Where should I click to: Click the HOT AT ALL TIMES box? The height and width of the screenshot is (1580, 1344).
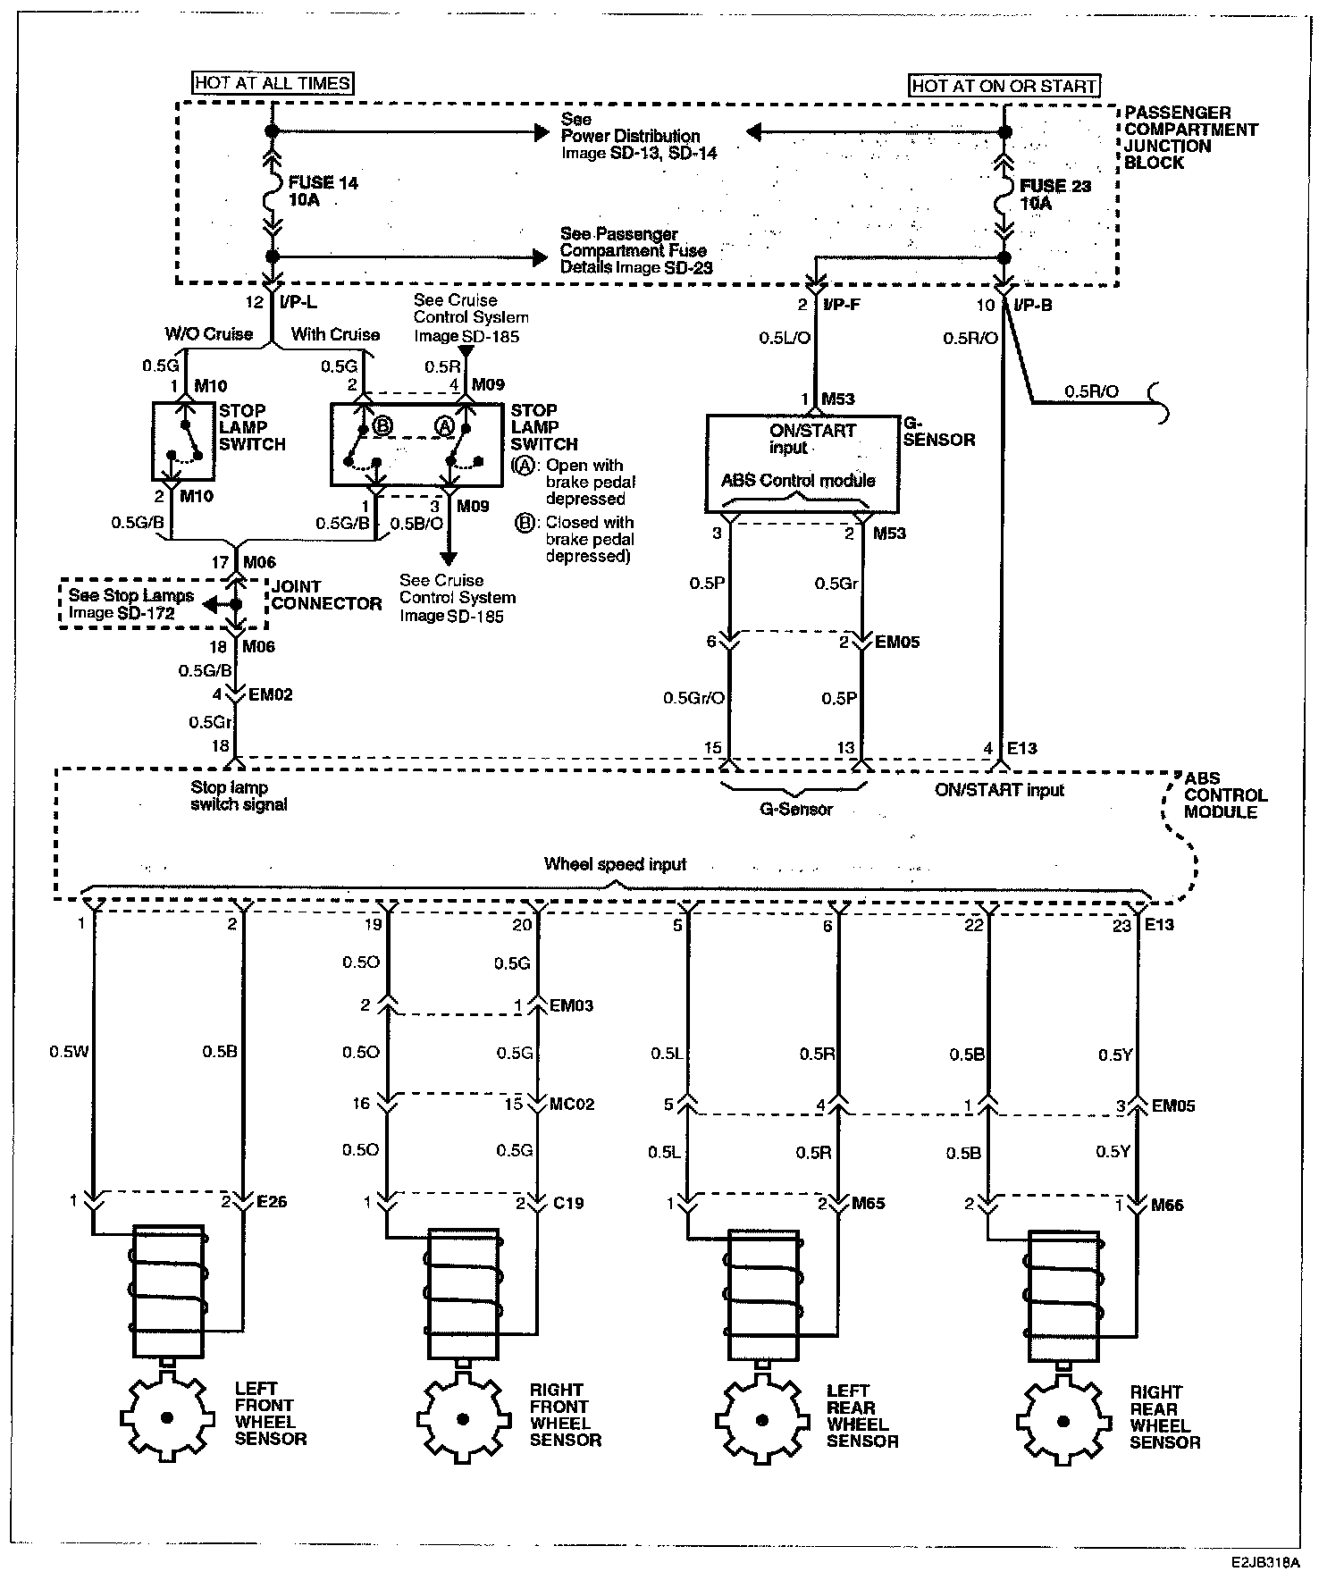click(273, 83)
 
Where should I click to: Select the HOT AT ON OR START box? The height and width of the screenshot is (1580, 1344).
click(1004, 86)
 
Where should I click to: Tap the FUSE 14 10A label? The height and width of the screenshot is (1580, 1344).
click(323, 191)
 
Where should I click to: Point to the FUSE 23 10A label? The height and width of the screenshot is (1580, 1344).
click(1054, 195)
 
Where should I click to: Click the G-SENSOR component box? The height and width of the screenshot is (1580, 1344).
click(802, 463)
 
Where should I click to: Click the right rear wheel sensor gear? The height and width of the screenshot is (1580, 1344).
click(1063, 1420)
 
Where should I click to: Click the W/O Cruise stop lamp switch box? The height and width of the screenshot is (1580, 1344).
click(183, 443)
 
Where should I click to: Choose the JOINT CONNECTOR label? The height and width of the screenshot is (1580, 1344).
click(326, 595)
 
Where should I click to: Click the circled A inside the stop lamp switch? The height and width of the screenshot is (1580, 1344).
click(444, 426)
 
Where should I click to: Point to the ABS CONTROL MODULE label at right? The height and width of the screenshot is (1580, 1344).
click(1225, 795)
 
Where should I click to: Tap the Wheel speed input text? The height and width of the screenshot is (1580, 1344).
click(615, 864)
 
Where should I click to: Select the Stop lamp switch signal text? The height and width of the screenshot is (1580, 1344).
click(239, 796)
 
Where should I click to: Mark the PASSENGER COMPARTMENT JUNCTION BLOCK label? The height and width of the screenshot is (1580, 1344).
click(1190, 138)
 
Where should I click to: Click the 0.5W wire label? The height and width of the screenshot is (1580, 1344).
click(69, 1052)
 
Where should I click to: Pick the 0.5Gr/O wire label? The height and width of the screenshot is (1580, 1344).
click(693, 698)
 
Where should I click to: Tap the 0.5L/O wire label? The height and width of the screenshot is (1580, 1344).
click(785, 339)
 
